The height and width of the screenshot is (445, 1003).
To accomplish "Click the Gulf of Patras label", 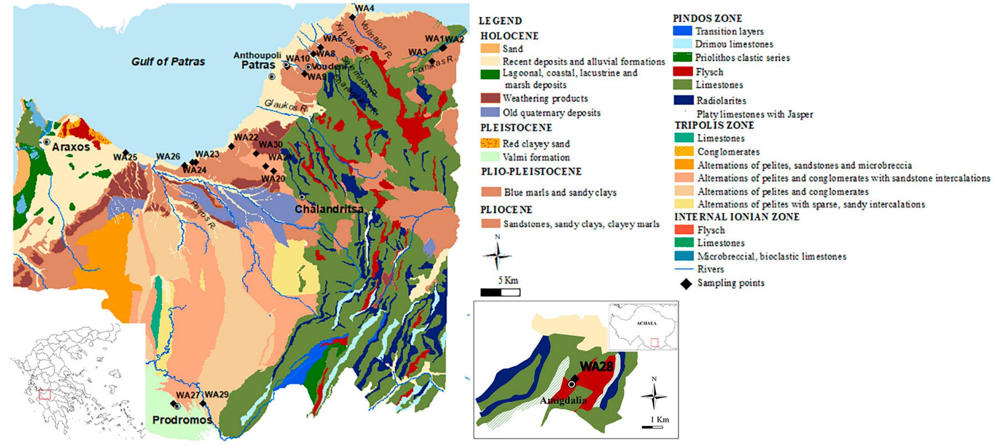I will point(168,62).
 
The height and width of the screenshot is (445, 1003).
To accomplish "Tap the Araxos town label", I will point(70,147).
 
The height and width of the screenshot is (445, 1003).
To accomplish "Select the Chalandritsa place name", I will point(329,209).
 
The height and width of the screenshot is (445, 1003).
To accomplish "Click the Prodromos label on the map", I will point(182,420).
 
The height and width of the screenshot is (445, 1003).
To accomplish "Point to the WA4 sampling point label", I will point(364,8).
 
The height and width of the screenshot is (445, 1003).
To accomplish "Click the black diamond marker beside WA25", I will point(125,153).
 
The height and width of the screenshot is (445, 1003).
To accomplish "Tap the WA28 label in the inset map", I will point(596,367).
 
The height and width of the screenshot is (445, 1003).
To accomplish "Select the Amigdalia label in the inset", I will point(563,401).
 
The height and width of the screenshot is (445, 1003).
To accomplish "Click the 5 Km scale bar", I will point(500,292).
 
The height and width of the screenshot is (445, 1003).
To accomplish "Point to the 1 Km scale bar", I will point(652,427).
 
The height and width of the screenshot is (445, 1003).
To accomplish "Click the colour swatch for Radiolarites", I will point(683,100).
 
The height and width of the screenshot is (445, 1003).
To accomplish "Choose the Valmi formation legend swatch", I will point(490,157).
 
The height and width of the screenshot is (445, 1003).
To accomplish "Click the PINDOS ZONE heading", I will point(707,19).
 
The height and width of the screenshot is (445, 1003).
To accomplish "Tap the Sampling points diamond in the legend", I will point(686,283).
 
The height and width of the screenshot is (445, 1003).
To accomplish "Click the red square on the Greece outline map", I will point(44,394).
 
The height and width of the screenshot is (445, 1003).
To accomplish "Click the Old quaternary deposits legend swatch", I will point(490,112).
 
